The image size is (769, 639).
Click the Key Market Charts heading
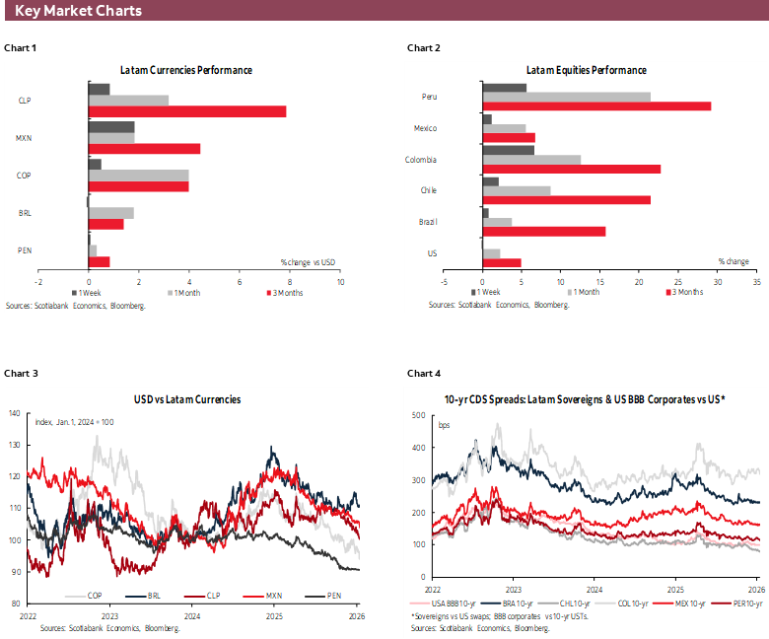point(78,11)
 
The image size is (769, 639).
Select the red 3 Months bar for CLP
point(187,111)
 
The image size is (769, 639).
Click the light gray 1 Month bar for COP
point(138,175)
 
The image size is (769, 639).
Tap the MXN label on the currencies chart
point(25,138)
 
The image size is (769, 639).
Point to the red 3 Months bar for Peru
point(596,106)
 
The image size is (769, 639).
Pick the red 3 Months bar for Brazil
point(544,232)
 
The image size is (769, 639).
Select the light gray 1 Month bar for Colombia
point(531,160)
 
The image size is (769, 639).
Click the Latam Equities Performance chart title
point(586,71)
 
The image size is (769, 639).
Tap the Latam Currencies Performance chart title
point(186,71)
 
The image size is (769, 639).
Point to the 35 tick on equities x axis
point(756,281)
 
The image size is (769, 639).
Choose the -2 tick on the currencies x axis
point(37,281)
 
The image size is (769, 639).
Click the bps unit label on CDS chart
point(444,424)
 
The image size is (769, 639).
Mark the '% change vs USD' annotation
point(308,261)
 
